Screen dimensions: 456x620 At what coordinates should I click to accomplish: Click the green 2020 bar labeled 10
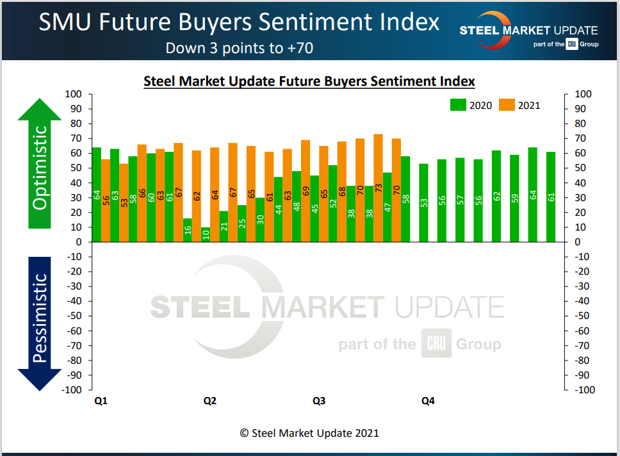pyautogui.click(x=206, y=234)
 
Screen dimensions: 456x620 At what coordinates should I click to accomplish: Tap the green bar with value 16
pyautogui.click(x=188, y=230)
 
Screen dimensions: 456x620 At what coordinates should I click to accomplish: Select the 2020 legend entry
pyautogui.click(x=471, y=105)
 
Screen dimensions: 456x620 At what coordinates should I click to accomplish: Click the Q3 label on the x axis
pyautogui.click(x=319, y=402)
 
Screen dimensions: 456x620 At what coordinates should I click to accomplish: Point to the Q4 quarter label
pyautogui.click(x=428, y=402)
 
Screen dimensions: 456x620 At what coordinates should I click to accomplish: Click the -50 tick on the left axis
pyautogui.click(x=76, y=316)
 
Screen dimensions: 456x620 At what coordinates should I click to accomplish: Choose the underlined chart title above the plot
pyautogui.click(x=309, y=81)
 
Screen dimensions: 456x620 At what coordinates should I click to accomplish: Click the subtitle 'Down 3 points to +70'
pyautogui.click(x=239, y=48)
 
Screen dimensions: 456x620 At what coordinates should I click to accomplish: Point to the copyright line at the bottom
pyautogui.click(x=309, y=433)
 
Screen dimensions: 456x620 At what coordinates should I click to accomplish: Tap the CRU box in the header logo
pyautogui.click(x=572, y=45)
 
